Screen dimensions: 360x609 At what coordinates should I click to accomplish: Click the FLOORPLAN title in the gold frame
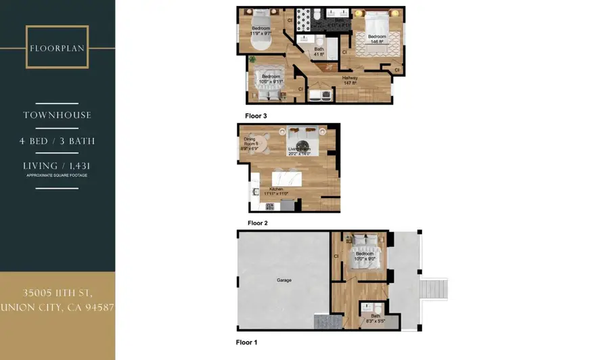[57, 48]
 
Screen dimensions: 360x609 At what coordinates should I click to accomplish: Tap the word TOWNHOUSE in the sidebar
[57, 115]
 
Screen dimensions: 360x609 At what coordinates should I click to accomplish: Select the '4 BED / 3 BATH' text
[57, 141]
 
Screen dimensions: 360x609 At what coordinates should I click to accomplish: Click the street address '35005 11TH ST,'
[57, 293]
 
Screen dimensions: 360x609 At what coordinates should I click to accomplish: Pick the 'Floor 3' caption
[256, 116]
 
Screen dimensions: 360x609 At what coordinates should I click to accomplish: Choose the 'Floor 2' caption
[258, 223]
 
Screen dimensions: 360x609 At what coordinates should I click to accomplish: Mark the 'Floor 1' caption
[246, 342]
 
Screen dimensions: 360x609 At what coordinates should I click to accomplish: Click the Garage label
[284, 279]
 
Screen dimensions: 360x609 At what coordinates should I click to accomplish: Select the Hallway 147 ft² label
[349, 80]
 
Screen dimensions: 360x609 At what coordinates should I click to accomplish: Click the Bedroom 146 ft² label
[377, 39]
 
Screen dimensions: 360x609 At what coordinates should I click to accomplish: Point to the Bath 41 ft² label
[319, 51]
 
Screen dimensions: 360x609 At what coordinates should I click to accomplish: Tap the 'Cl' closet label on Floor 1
[336, 256]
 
